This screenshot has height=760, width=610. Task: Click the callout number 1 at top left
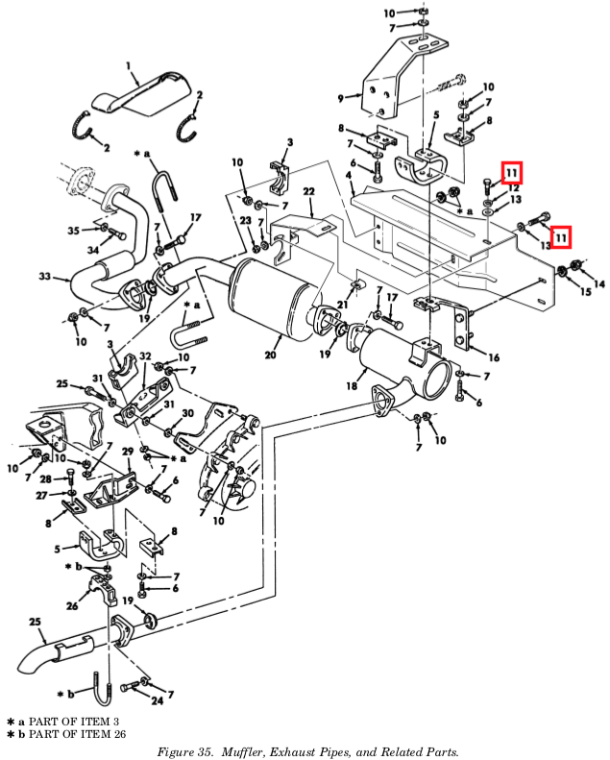(130, 65)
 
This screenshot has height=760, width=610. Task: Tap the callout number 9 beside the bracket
(340, 98)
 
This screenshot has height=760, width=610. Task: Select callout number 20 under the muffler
(270, 354)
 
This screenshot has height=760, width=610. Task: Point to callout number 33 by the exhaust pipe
(44, 277)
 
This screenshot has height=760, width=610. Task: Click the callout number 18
(352, 386)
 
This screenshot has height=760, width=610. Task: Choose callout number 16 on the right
(494, 357)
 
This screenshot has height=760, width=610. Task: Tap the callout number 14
(599, 283)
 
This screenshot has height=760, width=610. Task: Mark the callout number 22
(309, 193)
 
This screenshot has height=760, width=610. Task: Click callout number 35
(74, 230)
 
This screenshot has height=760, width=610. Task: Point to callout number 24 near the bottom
(157, 700)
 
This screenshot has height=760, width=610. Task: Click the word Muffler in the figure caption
(252, 751)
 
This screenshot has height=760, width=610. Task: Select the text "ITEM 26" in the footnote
(98, 735)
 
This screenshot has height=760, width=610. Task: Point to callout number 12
(514, 188)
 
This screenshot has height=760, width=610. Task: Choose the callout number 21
(342, 305)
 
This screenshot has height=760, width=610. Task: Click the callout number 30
(187, 413)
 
